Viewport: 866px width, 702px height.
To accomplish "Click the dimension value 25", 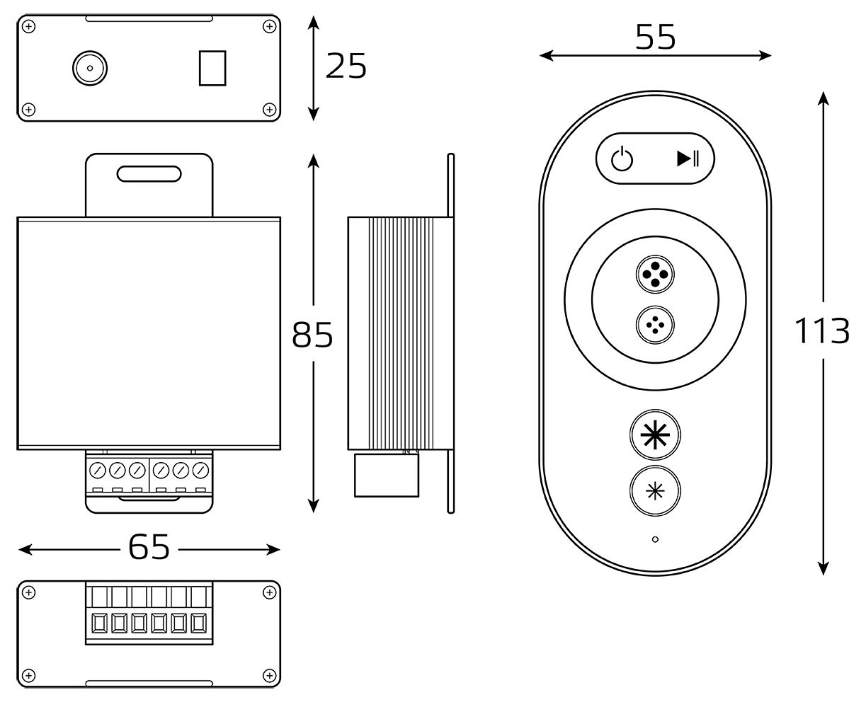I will (346, 67).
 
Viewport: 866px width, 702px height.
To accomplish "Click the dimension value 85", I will (312, 335).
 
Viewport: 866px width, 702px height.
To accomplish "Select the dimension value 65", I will (149, 547).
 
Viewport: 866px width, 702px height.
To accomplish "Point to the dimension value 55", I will (655, 38).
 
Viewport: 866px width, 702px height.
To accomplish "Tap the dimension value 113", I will (821, 330).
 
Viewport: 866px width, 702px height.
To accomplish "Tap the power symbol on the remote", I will (622, 159).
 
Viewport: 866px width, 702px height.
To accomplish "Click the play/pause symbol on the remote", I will (688, 159).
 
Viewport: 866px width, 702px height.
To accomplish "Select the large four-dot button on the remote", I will (655, 275).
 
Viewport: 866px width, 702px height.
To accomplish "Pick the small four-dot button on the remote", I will (655, 326).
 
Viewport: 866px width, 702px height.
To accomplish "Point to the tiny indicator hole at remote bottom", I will (655, 539).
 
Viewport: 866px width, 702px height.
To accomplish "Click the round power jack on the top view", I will (90, 68).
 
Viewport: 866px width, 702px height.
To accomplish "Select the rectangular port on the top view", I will (212, 68).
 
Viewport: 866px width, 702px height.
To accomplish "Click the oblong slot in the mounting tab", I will (149, 173).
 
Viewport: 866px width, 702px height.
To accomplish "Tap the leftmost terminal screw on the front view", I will (98, 469).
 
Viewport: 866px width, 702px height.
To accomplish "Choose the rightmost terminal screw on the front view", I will (201, 469).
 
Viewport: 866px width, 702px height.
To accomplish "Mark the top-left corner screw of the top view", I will (28, 27).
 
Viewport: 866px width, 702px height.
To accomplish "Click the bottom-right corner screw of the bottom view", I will (269, 676).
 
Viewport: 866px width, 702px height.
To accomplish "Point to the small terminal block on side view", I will (386, 476).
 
